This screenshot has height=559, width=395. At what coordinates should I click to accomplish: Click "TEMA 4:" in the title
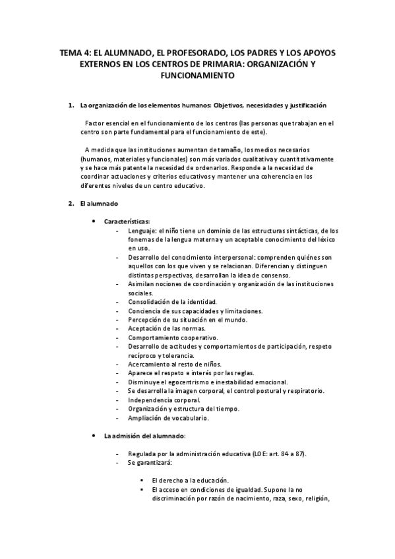(x=74, y=53)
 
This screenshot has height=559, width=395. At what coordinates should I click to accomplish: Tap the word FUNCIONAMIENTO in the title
(x=198, y=76)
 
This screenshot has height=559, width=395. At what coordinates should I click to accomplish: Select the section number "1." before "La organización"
(x=72, y=105)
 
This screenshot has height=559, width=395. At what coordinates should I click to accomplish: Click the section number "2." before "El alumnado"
(x=72, y=203)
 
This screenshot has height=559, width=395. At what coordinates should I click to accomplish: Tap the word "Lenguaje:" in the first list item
(x=143, y=230)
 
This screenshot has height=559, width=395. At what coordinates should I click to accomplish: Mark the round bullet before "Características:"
(x=95, y=221)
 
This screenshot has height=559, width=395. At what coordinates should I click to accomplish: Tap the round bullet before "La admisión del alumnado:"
(x=95, y=436)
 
